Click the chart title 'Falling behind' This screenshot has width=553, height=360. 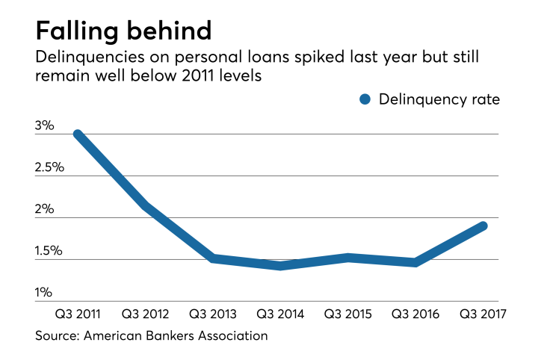click(x=123, y=31)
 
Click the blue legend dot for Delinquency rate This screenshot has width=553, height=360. click(x=365, y=99)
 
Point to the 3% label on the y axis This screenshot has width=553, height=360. click(x=45, y=125)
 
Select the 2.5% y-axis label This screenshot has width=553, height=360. click(x=49, y=167)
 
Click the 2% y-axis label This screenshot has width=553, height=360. click(x=45, y=209)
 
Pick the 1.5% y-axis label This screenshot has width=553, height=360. click(x=49, y=251)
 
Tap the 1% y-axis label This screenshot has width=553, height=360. click(x=45, y=293)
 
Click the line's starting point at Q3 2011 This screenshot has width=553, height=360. click(x=78, y=134)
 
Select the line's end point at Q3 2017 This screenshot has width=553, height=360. click(x=483, y=226)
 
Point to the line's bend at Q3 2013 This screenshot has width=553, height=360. click(x=214, y=258)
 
